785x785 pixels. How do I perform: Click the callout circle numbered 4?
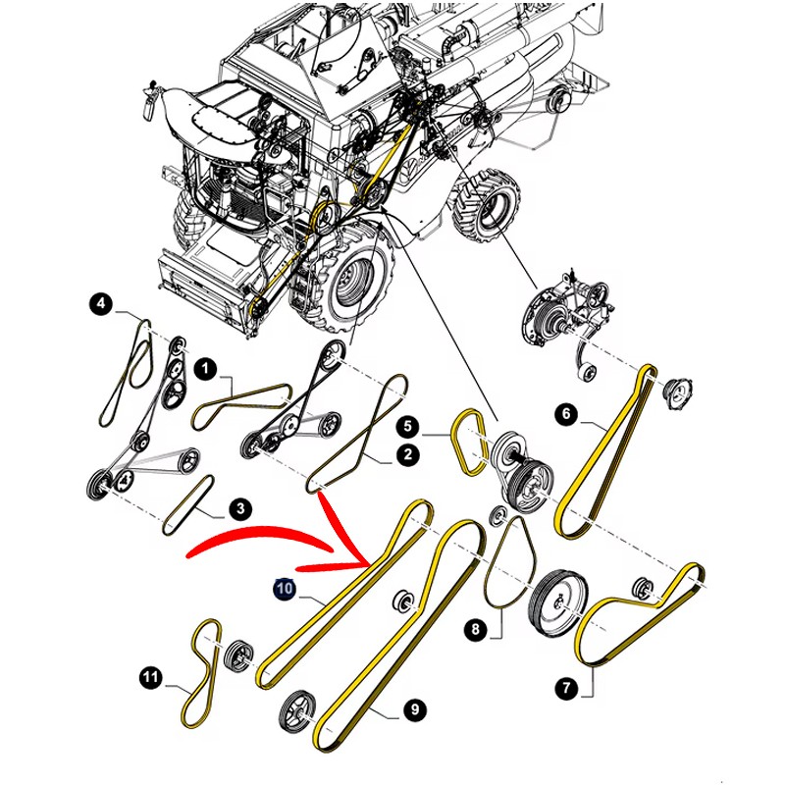coord(102,304)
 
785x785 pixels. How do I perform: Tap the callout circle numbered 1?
coord(205,370)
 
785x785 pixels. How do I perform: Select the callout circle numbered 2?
coord(408,454)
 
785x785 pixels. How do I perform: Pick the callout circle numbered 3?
coord(240,509)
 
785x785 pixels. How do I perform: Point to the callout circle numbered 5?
coord(408,427)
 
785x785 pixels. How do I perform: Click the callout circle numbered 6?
coord(566,414)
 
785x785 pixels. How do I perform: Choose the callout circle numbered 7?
coord(567,687)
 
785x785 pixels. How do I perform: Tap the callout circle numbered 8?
coord(476,629)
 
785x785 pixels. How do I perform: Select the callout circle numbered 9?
coord(414,709)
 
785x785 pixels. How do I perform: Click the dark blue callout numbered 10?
coord(285,588)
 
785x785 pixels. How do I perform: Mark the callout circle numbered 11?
coord(150,678)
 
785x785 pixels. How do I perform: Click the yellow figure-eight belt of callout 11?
coord(204,673)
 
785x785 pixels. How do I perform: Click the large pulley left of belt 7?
coord(559,602)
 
